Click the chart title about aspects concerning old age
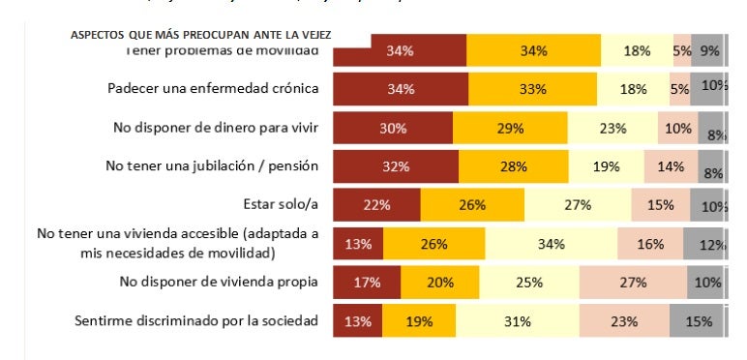(x=200, y=35)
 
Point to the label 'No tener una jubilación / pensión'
(x=211, y=166)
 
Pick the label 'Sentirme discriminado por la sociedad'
(x=196, y=320)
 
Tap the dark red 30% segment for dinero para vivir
(x=393, y=128)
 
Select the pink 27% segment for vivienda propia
(x=633, y=283)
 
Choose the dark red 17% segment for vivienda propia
(x=366, y=283)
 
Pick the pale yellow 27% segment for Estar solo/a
(x=578, y=205)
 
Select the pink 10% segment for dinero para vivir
(x=677, y=128)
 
